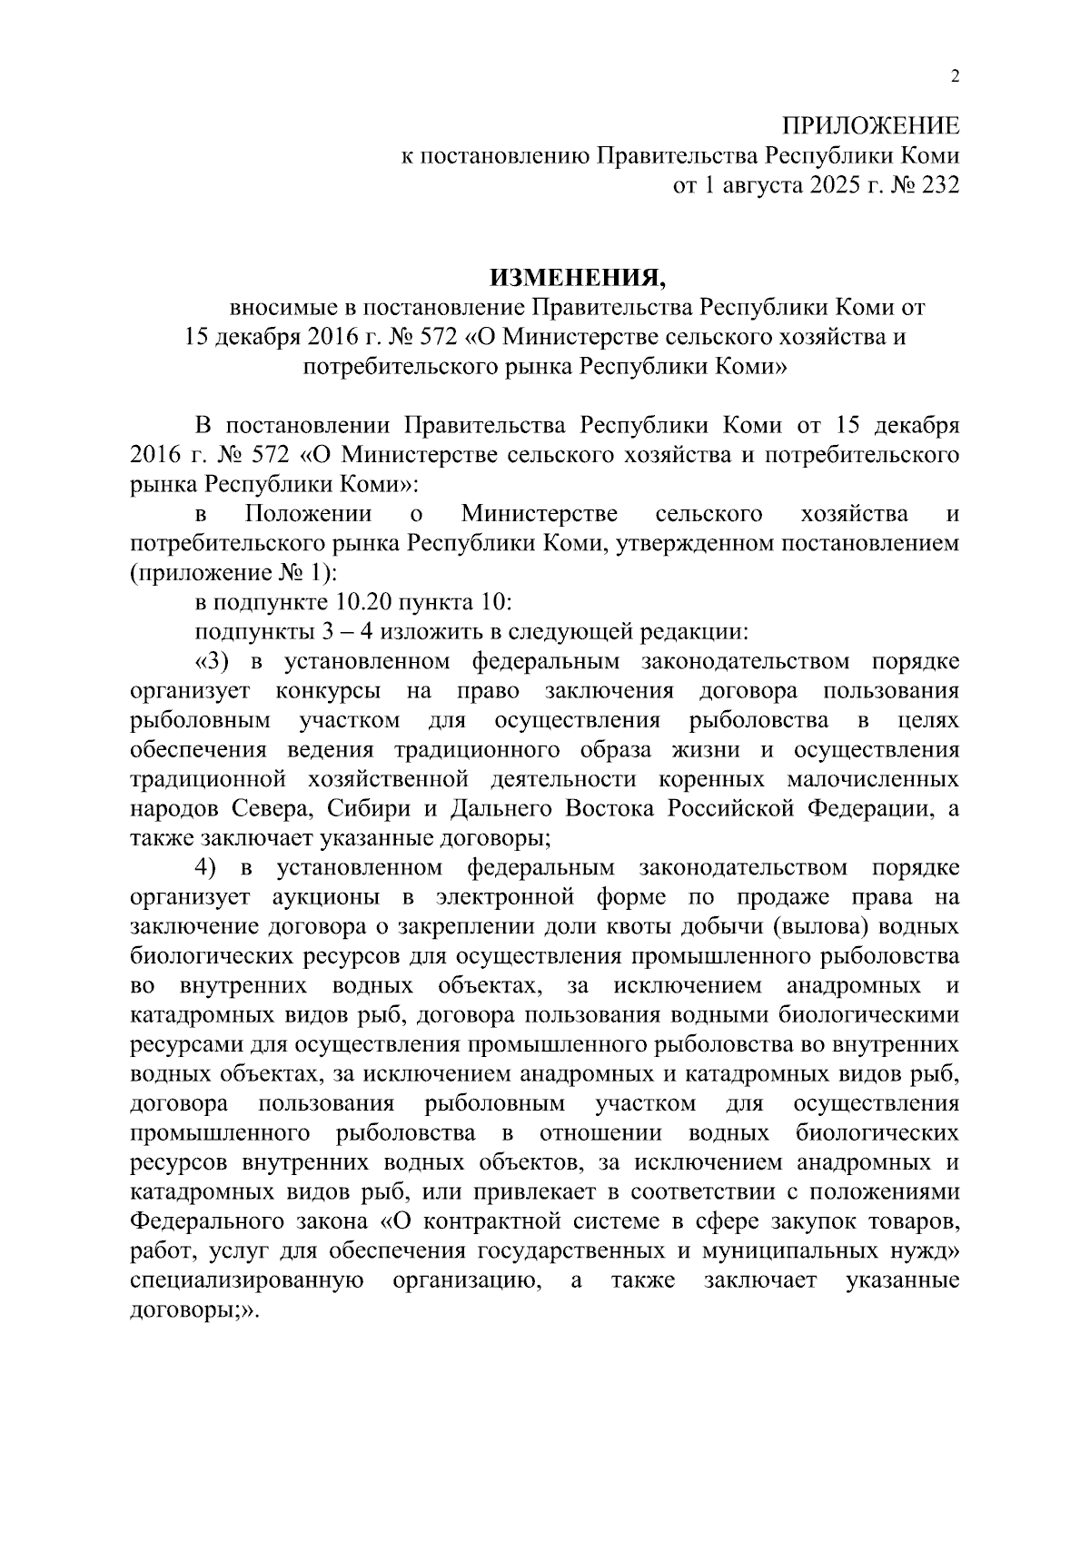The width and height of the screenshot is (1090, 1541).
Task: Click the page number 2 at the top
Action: [954, 77]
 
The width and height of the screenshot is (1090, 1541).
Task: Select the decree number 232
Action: [936, 185]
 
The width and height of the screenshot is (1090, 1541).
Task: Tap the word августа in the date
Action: [757, 185]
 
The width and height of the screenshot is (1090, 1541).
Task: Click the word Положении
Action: [309, 514]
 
